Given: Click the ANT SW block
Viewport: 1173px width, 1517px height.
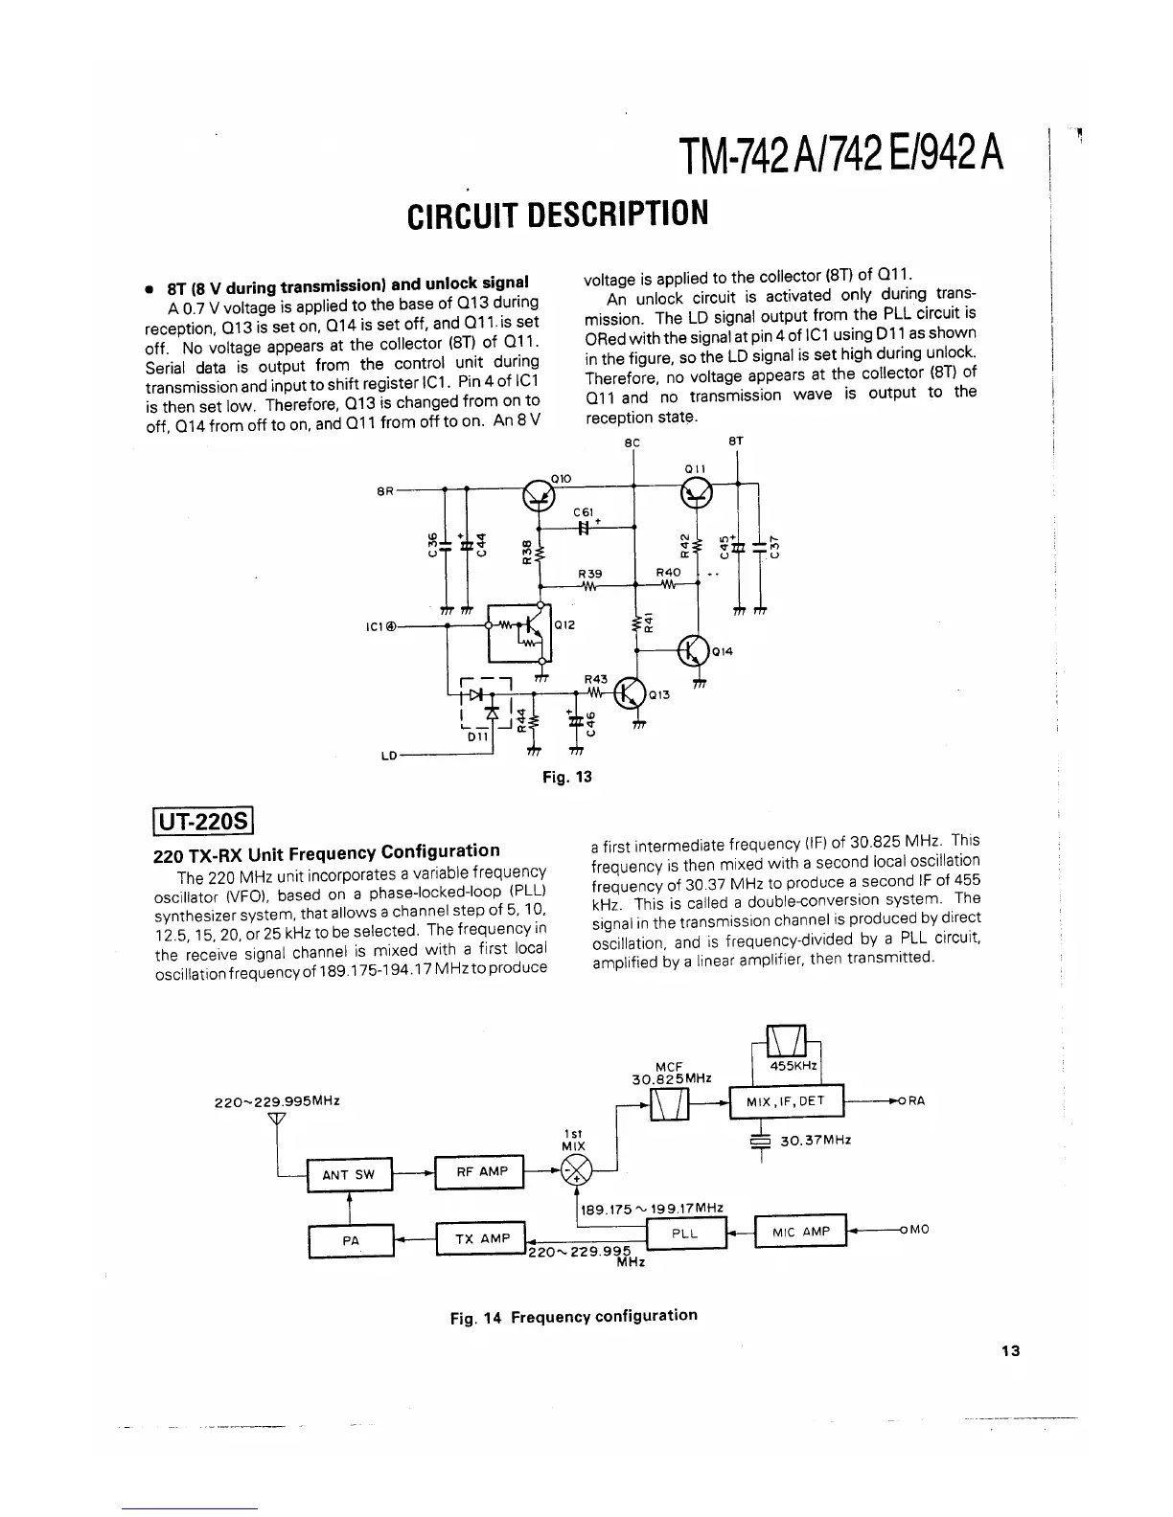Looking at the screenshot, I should (349, 1175).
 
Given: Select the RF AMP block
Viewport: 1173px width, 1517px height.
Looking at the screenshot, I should (480, 1171).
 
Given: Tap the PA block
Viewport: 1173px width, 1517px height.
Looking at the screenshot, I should (351, 1240).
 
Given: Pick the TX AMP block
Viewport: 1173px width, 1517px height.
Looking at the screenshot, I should (481, 1238).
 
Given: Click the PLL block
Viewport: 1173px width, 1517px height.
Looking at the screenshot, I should (684, 1234).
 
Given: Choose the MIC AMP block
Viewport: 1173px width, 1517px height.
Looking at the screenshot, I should (802, 1232).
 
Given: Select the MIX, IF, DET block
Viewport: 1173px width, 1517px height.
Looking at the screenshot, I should (785, 1101).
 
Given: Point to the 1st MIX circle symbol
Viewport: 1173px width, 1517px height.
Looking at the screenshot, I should (578, 1170).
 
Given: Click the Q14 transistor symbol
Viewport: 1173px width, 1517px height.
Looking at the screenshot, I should (693, 650).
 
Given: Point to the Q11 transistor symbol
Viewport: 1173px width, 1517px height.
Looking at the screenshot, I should (697, 491).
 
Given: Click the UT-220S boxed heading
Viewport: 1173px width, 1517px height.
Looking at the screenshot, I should (202, 822).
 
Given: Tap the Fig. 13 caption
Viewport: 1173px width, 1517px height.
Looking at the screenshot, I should (567, 777).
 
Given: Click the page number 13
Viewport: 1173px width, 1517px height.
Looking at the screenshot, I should (1010, 1351).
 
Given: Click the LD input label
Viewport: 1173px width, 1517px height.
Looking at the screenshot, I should (388, 756).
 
